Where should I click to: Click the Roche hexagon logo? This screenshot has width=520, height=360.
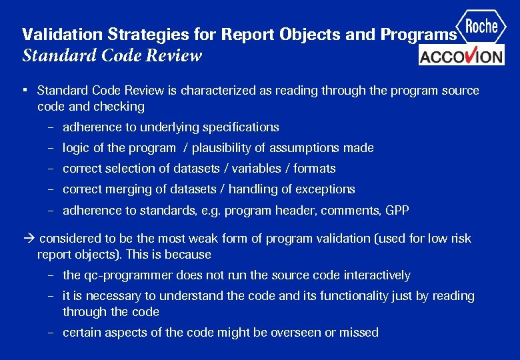click(481, 27)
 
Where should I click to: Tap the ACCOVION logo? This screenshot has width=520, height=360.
click(461, 55)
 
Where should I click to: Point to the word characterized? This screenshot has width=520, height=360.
click(217, 91)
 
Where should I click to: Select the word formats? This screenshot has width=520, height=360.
click(314, 169)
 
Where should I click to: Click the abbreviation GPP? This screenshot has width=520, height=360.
click(397, 211)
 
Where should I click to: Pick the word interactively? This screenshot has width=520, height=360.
click(377, 275)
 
